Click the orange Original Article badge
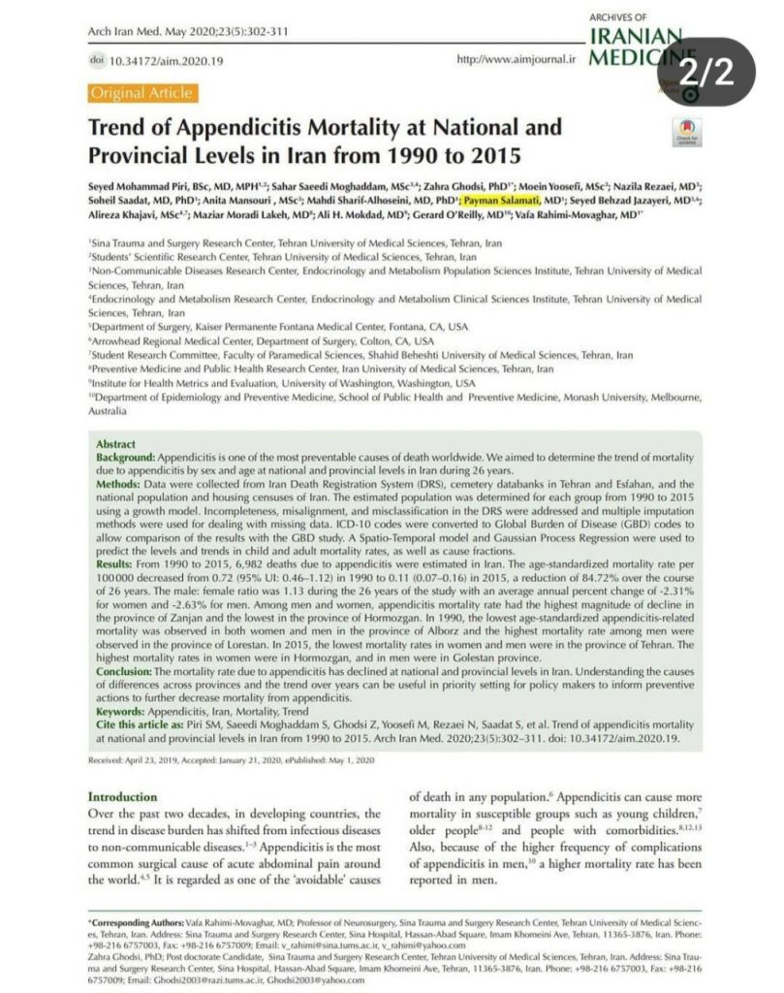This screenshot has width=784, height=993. tap(141, 93)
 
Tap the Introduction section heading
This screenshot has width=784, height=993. tap(122, 796)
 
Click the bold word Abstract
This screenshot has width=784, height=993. tap(115, 443)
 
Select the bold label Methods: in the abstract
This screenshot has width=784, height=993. tap(120, 482)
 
